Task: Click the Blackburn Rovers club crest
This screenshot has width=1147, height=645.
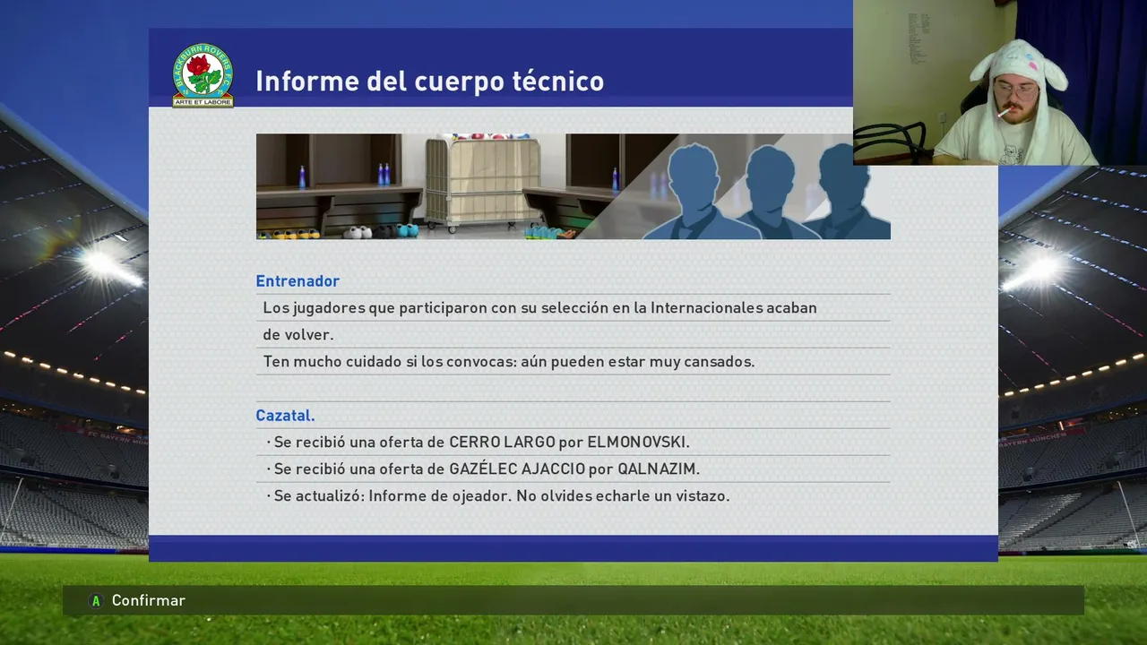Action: tap(203, 75)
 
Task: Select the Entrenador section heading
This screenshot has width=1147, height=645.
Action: tap(298, 281)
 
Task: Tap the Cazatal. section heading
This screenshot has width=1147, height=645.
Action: tap(285, 415)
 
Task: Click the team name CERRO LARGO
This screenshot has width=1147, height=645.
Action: tap(502, 443)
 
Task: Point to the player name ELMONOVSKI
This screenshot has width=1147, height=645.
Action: tap(636, 443)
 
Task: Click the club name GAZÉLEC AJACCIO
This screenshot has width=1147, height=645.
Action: tap(517, 469)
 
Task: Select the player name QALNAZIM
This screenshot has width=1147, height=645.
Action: tap(657, 469)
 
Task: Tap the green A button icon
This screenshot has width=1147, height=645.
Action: tap(96, 600)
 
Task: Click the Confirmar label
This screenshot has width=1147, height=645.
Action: tap(149, 600)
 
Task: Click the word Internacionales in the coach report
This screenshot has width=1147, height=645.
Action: tap(707, 307)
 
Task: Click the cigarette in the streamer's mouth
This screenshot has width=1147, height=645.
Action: tap(1005, 112)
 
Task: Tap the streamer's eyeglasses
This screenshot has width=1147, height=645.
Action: tap(1016, 90)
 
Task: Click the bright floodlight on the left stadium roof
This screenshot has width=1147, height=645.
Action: tap(101, 263)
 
